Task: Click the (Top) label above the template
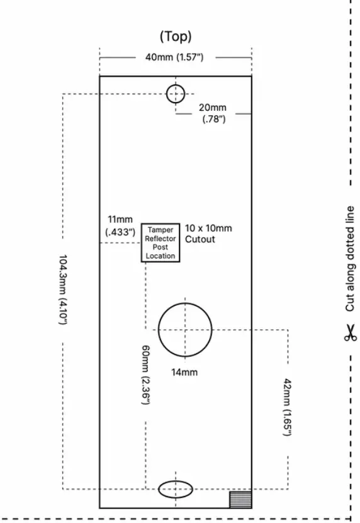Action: point(176,37)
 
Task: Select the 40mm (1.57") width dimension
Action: point(176,57)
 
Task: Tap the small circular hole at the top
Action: point(176,94)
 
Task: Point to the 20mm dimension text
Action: point(213,108)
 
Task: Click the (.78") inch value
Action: point(213,119)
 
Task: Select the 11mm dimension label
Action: point(120,219)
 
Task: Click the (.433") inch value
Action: point(120,232)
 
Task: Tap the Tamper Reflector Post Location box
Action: point(160,243)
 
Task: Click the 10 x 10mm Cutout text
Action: point(208,233)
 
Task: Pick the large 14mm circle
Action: point(184,329)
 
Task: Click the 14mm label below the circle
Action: point(184,372)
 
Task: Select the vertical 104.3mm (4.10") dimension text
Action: point(64,290)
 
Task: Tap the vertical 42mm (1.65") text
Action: point(287,408)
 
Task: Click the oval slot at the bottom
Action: point(175,488)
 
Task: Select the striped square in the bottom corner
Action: point(240,498)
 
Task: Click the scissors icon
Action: point(350,332)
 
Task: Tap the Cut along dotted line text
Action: point(350,258)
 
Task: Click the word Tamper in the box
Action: point(160,230)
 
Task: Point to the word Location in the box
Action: point(160,256)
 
